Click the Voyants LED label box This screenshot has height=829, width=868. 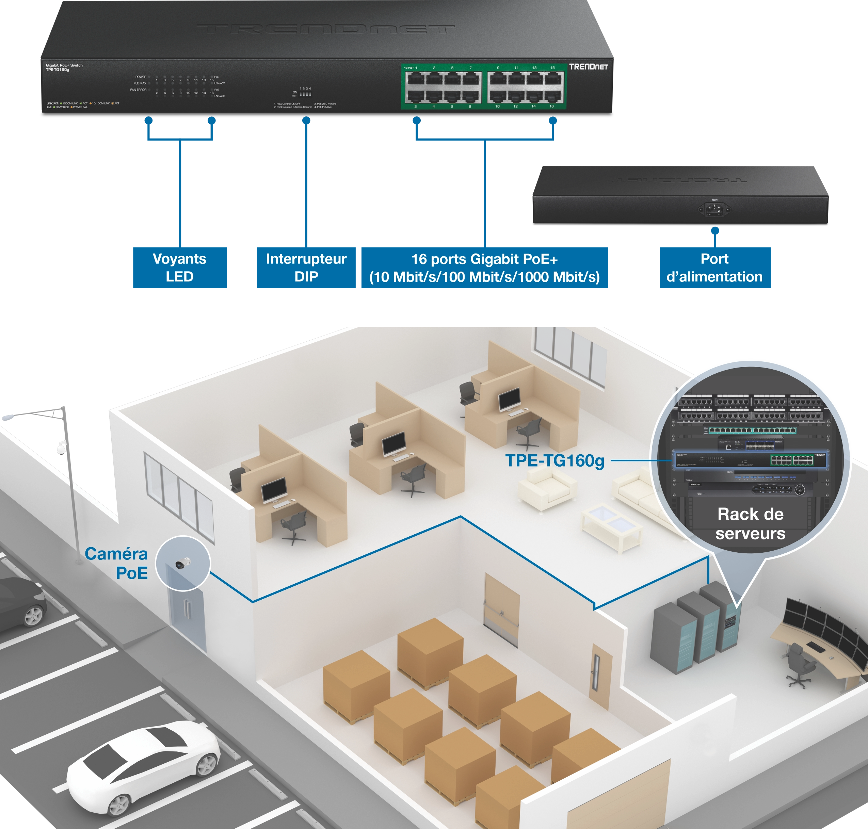pos(179,267)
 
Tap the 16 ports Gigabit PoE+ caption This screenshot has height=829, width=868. pos(484,268)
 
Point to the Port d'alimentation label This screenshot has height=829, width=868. pos(714,267)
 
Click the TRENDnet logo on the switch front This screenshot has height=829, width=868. pos(588,67)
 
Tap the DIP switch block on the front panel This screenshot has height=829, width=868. pos(305,94)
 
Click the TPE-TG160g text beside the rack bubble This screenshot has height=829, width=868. pos(554,461)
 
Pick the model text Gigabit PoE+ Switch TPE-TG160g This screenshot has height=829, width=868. pos(64,67)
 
